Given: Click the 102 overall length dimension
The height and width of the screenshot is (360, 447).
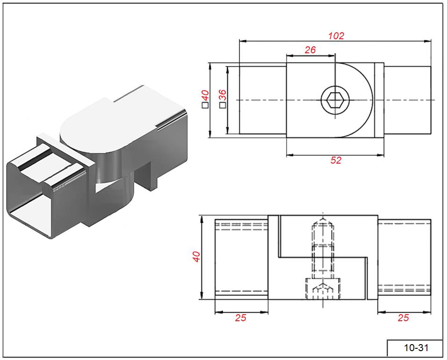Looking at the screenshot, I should (336, 36).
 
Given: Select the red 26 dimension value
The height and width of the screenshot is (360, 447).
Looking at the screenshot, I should (310, 50).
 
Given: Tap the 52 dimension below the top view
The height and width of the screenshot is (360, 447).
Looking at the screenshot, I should (336, 160).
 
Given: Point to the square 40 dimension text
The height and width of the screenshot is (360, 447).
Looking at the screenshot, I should (205, 99).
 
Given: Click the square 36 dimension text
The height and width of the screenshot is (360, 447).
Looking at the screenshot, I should (223, 99).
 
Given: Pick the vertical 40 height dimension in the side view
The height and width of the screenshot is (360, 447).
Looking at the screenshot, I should (196, 257).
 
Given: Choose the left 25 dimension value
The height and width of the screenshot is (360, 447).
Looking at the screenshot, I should (240, 318).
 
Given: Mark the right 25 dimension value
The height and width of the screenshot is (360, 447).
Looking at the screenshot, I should (403, 318).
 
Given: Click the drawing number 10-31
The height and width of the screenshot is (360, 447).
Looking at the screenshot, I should (416, 348).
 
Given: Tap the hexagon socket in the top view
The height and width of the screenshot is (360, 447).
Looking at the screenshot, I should (335, 100).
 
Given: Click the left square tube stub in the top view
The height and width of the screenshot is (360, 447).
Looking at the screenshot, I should (263, 100).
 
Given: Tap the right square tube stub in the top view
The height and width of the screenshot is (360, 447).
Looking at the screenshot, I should (407, 100).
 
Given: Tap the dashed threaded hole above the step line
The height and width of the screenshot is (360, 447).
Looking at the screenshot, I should (323, 234).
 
